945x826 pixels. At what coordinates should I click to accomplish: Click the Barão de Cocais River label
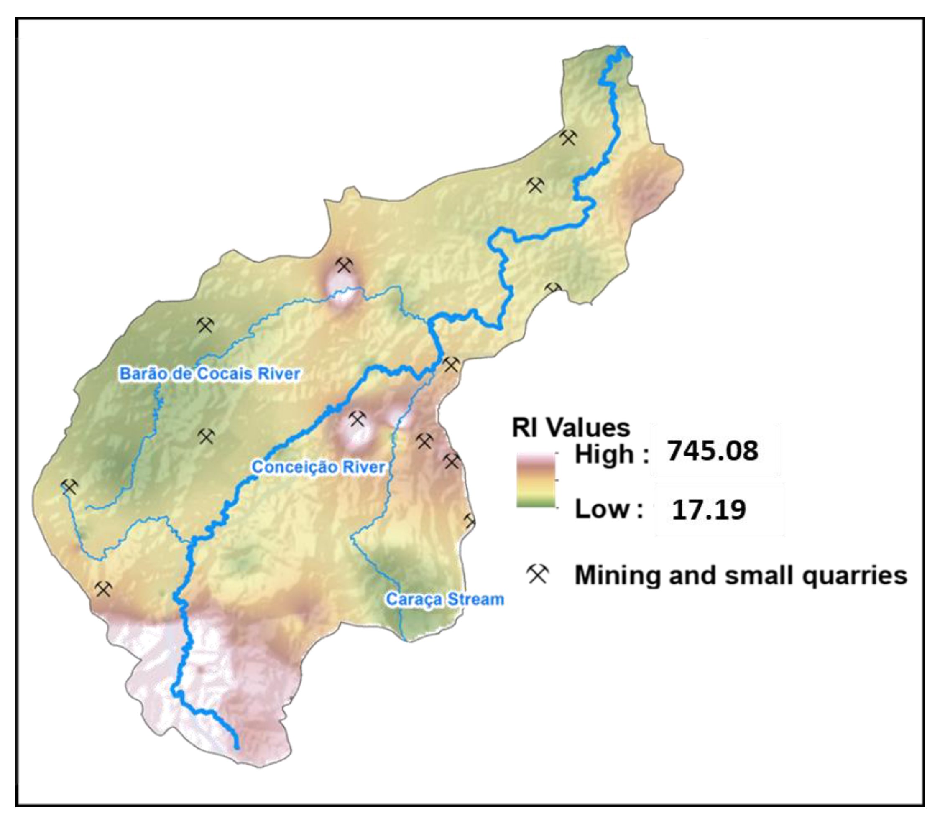210,373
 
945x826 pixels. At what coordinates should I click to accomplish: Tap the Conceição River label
318,467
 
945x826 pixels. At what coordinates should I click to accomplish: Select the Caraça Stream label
444,599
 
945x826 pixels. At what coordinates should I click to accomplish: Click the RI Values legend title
571,428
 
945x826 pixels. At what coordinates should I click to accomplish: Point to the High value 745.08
713,450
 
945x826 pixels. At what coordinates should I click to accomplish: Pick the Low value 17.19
708,509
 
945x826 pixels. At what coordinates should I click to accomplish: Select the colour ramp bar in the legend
536,480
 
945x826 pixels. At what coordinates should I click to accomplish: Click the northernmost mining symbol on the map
568,138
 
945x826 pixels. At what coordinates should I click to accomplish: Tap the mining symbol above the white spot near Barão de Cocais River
344,265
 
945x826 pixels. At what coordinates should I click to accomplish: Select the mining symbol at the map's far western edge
69,487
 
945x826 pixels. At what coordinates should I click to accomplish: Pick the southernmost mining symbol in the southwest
103,589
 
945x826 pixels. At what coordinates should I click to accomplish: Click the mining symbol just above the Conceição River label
357,419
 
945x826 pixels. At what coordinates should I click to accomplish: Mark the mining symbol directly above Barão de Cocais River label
205,325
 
